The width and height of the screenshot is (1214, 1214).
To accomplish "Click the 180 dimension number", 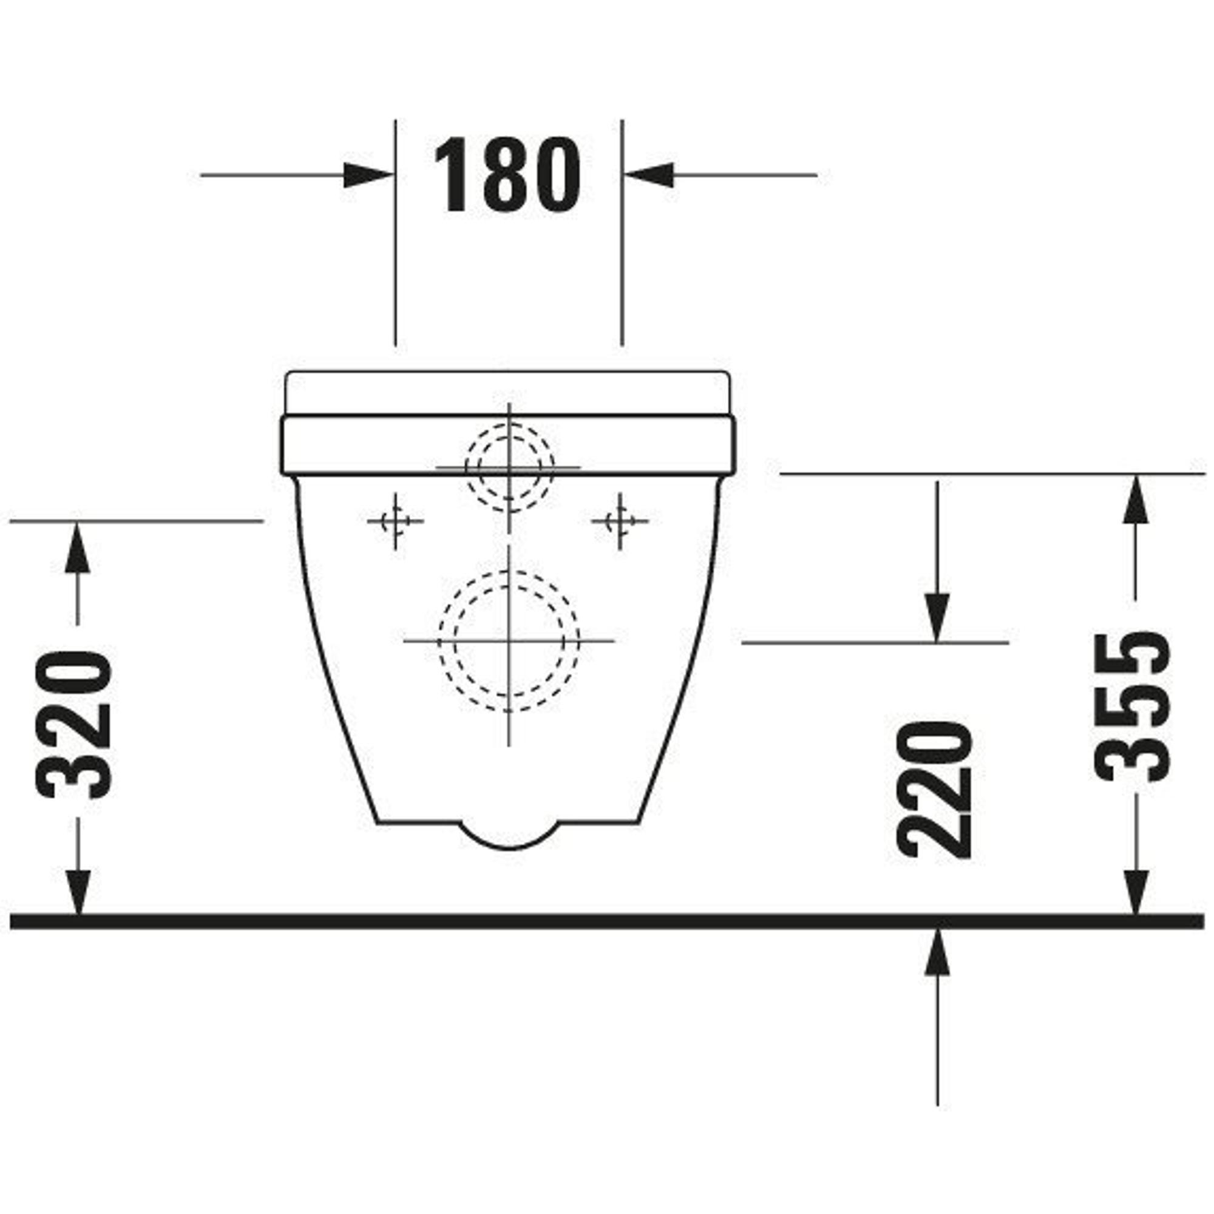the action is tap(506, 174).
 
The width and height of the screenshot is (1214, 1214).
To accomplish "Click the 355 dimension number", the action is tap(1132, 707).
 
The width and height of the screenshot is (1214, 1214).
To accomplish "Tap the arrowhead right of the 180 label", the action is tap(648, 175).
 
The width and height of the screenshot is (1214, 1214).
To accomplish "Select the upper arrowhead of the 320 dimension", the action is tap(78, 548).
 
